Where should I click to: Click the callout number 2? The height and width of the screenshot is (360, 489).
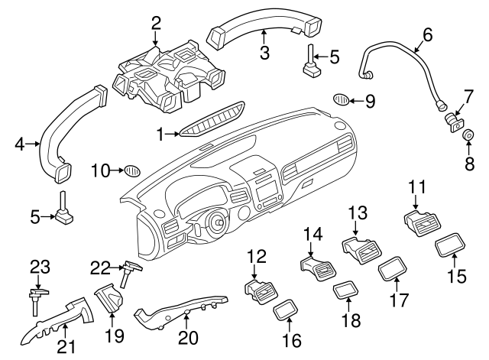(156, 23)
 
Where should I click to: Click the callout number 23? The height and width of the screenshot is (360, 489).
(39, 267)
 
